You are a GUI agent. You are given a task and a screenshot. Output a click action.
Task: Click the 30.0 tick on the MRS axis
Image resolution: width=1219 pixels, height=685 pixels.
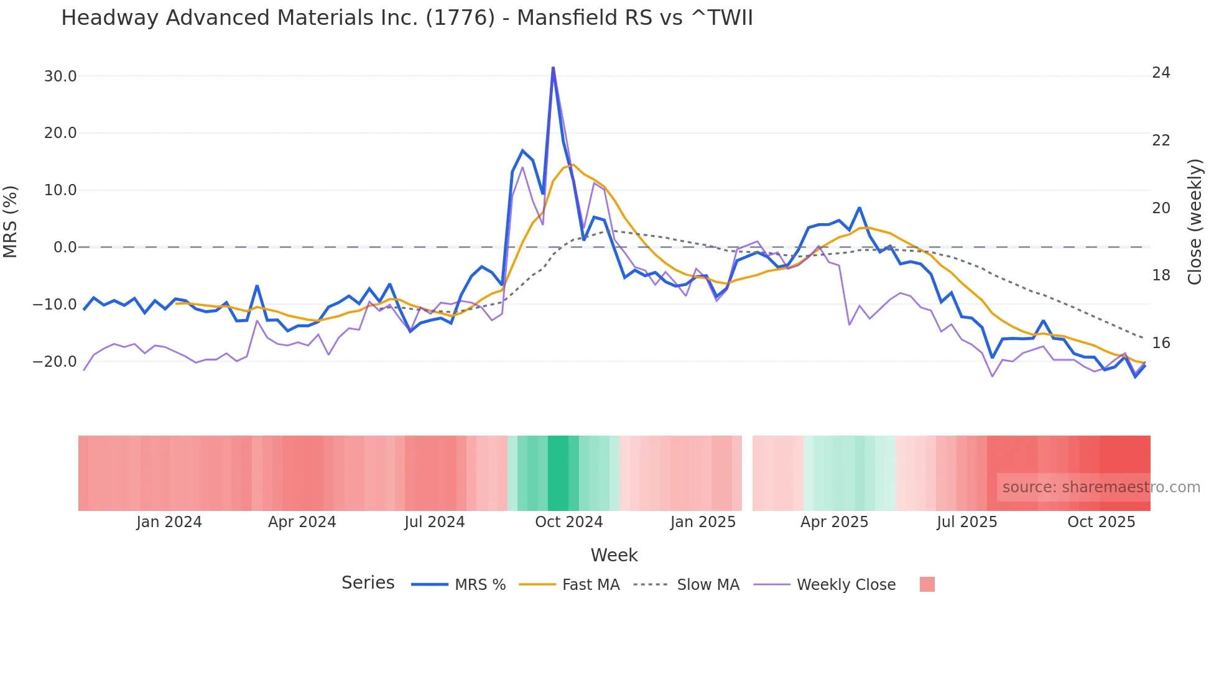point(60,76)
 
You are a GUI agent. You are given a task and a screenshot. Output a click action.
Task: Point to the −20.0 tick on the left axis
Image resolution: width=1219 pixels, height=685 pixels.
point(55,361)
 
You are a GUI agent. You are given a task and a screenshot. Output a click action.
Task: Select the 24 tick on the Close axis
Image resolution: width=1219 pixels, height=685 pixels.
point(1161,73)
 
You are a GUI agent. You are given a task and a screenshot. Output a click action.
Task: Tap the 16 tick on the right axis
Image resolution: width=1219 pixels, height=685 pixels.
point(1161,343)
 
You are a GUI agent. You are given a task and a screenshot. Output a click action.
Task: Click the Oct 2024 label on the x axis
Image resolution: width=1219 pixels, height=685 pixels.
point(568,522)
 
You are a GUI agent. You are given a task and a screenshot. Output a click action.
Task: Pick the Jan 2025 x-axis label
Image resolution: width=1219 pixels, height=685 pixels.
point(703,522)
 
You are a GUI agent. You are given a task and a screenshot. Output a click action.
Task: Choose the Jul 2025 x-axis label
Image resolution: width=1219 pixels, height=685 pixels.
point(966,522)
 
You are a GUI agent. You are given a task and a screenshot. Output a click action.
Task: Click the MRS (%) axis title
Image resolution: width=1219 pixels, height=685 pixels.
point(11,222)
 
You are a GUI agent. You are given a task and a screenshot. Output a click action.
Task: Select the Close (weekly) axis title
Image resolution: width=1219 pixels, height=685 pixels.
point(1195,222)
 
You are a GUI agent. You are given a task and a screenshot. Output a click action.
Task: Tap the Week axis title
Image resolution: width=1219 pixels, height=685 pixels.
point(614,555)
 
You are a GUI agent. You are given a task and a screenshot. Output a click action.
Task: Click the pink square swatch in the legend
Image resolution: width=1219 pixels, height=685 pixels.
point(927,585)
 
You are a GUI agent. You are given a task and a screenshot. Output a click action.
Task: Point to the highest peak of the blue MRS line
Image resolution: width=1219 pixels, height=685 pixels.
point(553,68)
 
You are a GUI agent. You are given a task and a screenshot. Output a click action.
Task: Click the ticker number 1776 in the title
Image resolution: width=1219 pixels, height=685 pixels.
point(460,18)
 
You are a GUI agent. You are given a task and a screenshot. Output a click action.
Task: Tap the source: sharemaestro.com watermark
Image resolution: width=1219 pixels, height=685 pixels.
point(1101,487)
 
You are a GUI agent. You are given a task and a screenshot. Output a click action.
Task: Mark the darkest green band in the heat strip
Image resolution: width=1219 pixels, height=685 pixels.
point(558,473)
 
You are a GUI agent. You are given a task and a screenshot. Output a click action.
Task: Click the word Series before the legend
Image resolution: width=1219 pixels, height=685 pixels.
point(368,583)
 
